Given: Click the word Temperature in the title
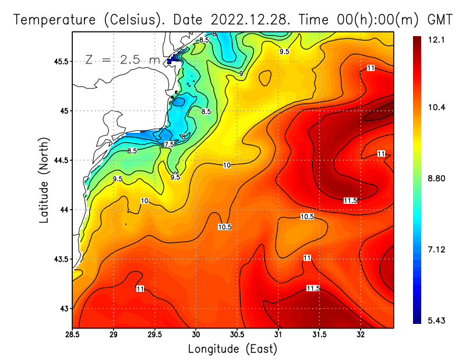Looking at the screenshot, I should (x=52, y=19).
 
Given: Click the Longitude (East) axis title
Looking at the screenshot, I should (x=232, y=348).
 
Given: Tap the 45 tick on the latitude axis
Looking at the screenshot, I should (x=63, y=111).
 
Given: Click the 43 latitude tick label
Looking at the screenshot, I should (x=63, y=308).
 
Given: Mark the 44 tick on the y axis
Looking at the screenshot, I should (x=63, y=210).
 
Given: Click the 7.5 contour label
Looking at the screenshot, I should (x=169, y=144).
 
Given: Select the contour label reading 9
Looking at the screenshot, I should (x=241, y=74).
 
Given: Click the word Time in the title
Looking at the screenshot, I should (x=314, y=19).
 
